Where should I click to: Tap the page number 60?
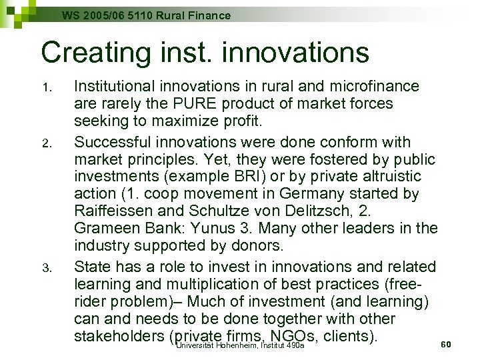pyautogui.click(x=447, y=344)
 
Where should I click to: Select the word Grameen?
pyautogui.click(x=103, y=229)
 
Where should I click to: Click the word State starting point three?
pyautogui.click(x=91, y=267)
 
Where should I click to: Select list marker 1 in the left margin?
pyautogui.click(x=45, y=88)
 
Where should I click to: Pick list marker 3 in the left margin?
pyautogui.click(x=45, y=269)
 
